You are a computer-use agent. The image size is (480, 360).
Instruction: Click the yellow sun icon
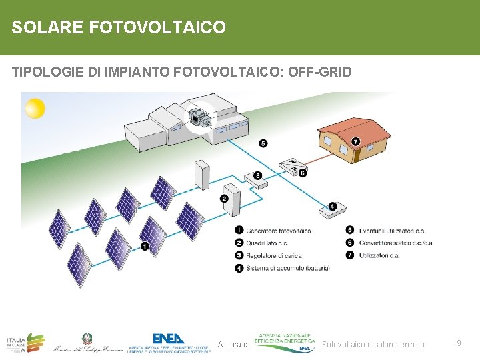click(35, 108)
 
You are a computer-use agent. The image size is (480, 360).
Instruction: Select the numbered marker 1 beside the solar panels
click(145, 247)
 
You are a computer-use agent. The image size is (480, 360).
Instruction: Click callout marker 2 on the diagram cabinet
click(225, 198)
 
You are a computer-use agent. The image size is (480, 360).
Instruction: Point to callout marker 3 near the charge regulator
click(257, 176)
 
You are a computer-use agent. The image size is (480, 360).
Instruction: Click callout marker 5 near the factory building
click(263, 143)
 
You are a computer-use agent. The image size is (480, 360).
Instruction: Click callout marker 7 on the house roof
click(356, 141)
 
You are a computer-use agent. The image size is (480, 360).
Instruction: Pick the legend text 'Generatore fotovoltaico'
click(278, 231)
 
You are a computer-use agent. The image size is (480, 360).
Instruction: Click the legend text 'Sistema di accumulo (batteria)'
click(287, 268)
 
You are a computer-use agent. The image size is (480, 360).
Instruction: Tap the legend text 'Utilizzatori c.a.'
click(379, 255)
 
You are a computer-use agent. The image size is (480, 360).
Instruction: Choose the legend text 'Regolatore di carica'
click(273, 255)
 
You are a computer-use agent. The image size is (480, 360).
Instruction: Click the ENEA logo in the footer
click(169, 339)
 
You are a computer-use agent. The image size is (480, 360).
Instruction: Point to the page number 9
click(459, 343)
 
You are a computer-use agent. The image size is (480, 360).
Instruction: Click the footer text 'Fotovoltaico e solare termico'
click(373, 345)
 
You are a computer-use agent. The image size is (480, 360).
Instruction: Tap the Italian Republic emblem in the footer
click(87, 339)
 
